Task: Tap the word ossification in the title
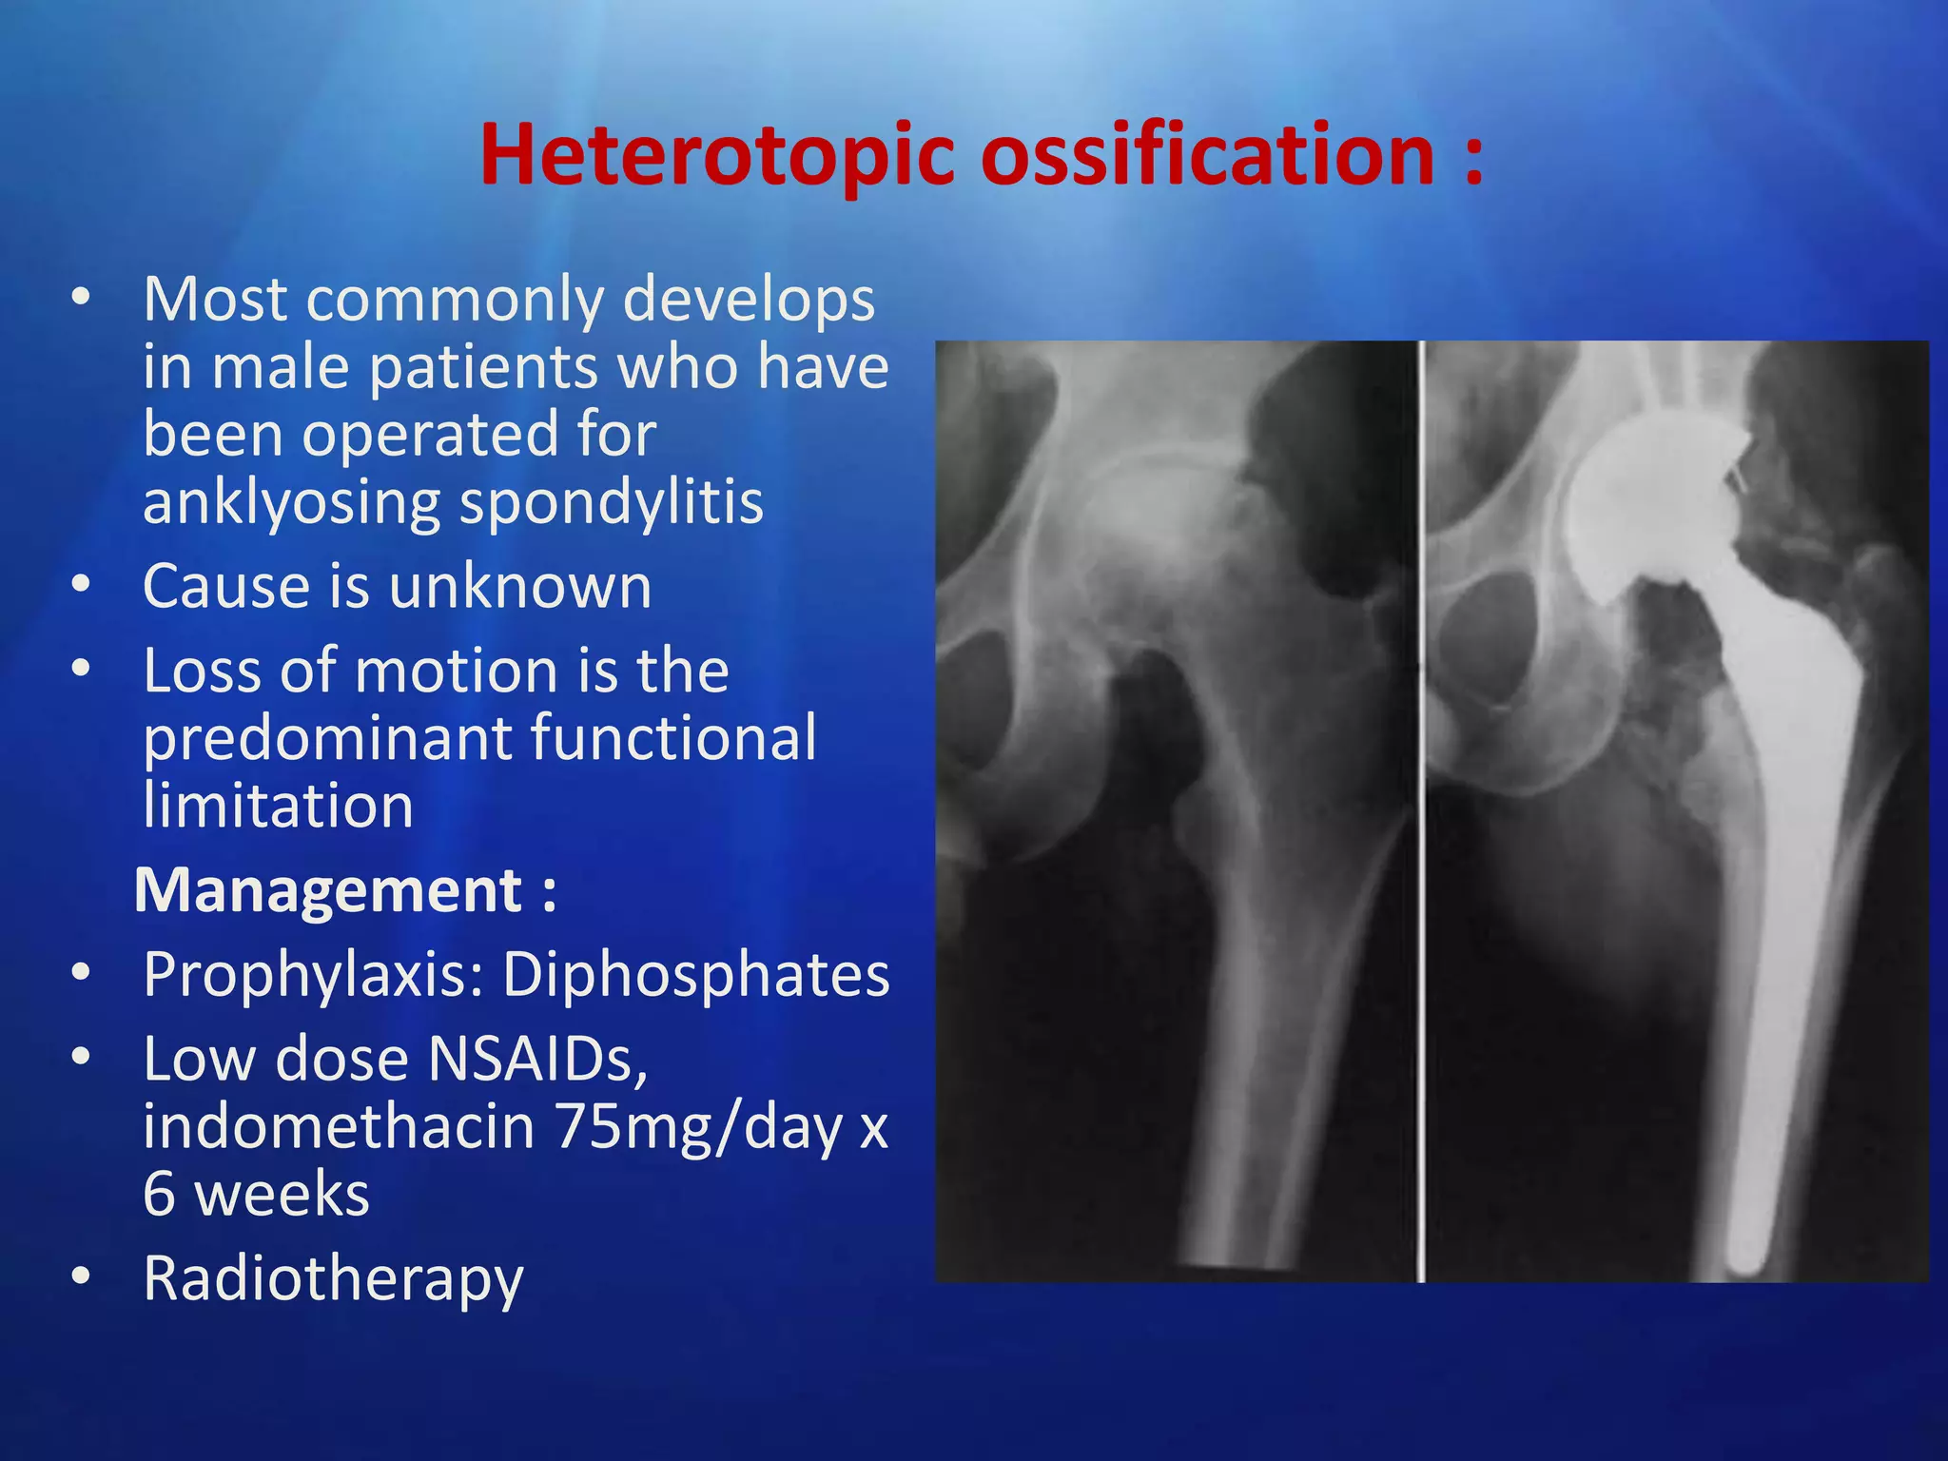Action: click(x=1206, y=155)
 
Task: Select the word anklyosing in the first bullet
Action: click(x=291, y=502)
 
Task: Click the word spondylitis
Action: click(x=611, y=502)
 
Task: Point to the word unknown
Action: click(x=520, y=586)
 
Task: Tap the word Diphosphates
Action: click(x=695, y=975)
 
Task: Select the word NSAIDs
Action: click(x=537, y=1059)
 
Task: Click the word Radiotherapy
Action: click(x=333, y=1278)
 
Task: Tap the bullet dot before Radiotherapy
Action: click(x=81, y=1276)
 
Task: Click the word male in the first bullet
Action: click(x=281, y=367)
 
